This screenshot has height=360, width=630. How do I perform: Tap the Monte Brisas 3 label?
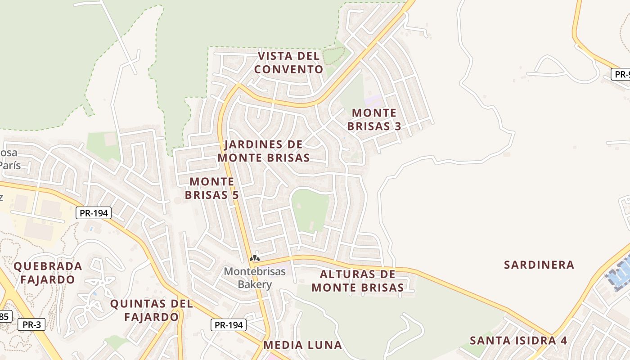coord(374,119)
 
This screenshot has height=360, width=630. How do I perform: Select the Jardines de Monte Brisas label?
coord(264,151)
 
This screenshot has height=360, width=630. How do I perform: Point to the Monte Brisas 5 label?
coord(211,188)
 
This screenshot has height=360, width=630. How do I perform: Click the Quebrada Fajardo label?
coord(48,273)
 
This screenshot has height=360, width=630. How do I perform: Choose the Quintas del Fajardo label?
coord(151,310)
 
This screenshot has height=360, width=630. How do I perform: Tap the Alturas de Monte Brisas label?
coord(358,281)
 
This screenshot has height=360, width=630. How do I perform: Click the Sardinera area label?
coord(539,265)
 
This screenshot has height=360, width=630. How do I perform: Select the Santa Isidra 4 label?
coord(518,340)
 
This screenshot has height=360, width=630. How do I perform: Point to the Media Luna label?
coord(302,345)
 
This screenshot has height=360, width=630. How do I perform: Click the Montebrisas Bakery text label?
coord(255,278)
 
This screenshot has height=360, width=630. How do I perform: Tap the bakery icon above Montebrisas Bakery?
coord(255,258)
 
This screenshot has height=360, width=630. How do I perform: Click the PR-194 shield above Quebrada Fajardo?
coord(93,213)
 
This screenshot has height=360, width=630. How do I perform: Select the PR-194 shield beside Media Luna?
coord(229,324)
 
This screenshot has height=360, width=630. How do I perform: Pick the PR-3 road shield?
coord(31,324)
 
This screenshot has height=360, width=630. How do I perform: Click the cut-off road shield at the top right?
coord(621,74)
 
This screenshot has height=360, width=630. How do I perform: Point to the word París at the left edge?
coord(9,165)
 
